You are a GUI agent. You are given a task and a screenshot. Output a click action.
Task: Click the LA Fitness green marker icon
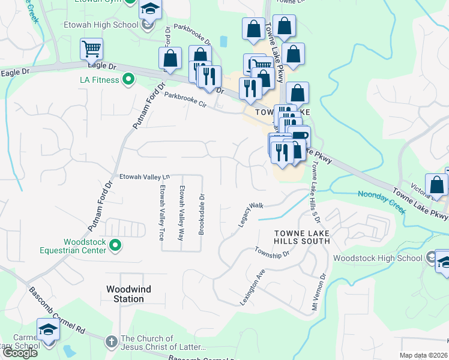click(x=128, y=79)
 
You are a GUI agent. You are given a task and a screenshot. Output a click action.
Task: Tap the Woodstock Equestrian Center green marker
click(x=116, y=245)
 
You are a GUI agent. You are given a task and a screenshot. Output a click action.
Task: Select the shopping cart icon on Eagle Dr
click(x=91, y=49)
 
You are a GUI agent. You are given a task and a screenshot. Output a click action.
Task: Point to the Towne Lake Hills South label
click(x=302, y=236)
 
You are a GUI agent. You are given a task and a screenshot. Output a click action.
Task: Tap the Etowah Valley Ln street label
click(x=145, y=177)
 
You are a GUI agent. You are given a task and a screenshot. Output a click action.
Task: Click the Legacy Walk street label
click(x=252, y=214)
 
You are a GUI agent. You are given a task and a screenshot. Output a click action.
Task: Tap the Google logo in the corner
click(x=20, y=353)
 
